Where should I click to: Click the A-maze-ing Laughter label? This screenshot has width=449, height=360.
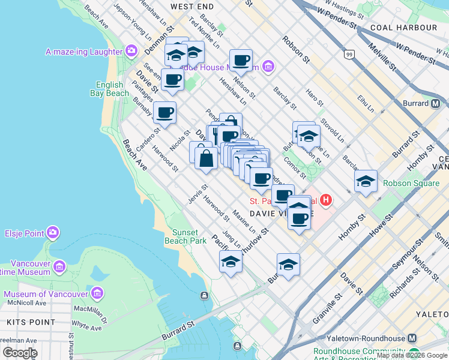pos(84,52)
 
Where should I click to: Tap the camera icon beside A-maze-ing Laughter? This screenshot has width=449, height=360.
pos(131,52)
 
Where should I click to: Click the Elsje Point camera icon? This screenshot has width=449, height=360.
pos(53,232)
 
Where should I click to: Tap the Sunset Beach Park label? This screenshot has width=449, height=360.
pos(190,236)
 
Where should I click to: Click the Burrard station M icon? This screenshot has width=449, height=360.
pos(437,103)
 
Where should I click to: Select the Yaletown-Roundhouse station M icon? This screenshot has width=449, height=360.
pos(412,338)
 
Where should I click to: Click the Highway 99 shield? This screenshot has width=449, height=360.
pos(349,55)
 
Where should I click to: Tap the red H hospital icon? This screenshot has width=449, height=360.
pos(326,200)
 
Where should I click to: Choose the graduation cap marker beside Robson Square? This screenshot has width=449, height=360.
pos(366,181)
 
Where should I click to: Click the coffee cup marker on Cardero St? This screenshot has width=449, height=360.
pos(164,112)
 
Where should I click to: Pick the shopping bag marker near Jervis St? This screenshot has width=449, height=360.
pos(206,160)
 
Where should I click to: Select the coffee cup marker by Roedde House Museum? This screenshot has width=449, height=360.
pos(241,60)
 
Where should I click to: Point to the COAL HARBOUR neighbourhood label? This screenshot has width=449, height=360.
pos(412,28)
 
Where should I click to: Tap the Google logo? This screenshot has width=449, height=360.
pos(20,353)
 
